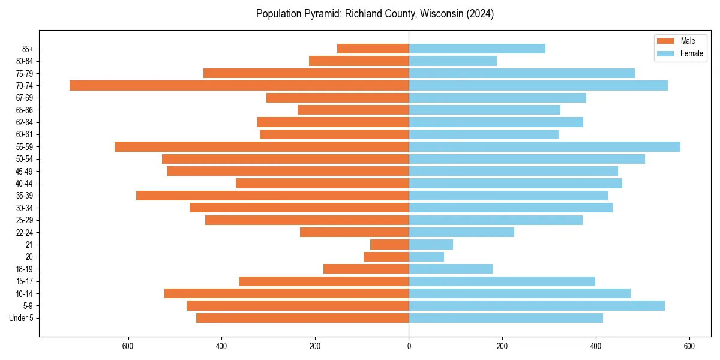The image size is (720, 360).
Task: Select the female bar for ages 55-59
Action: [544, 147]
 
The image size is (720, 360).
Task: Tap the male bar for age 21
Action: [389, 245]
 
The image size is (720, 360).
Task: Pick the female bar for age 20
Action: [426, 257]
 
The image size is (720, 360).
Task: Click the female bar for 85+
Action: [477, 49]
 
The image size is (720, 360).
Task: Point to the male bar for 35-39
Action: [272, 196]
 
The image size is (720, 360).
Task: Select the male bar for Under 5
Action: [302, 318]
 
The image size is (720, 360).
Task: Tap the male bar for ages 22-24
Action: [354, 232]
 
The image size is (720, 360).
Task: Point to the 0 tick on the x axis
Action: [409, 346]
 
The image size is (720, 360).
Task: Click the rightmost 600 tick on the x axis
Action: [689, 346]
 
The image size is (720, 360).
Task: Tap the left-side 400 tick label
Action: [221, 346]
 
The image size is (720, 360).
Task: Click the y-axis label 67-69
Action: [25, 98]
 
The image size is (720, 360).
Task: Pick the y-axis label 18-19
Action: [25, 269]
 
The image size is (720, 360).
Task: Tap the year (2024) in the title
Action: [481, 14]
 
